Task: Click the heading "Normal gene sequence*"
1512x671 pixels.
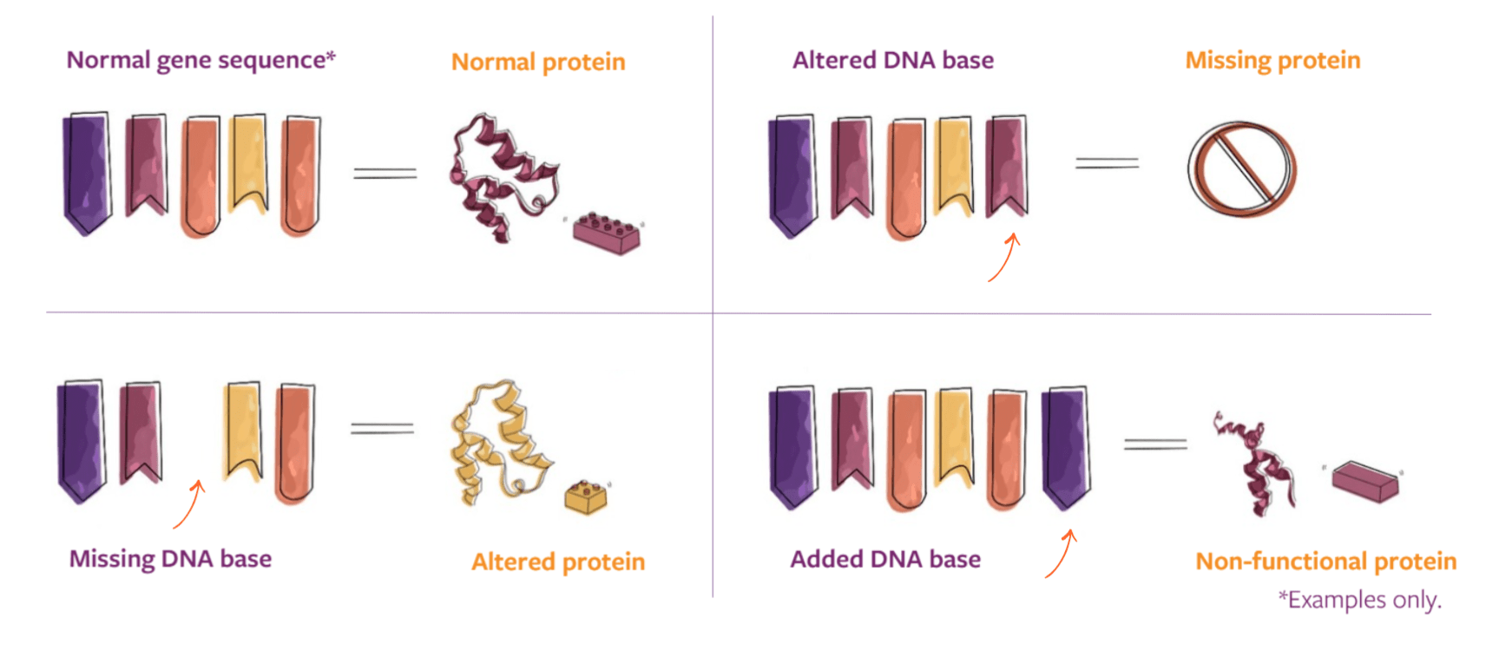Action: tap(201, 60)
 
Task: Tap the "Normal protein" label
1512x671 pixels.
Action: tap(538, 62)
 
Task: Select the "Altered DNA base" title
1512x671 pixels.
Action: tap(892, 60)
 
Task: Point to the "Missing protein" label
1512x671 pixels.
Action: tap(1272, 60)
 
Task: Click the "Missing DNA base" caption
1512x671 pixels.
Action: tap(170, 558)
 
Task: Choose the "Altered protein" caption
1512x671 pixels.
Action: tap(558, 562)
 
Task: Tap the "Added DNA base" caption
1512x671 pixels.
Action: tap(884, 559)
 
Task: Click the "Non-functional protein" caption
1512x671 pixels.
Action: tap(1325, 561)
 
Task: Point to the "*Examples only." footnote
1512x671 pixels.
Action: tap(1359, 599)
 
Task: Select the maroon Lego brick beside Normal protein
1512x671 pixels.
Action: tap(607, 233)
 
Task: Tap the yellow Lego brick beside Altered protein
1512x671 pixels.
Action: tap(586, 497)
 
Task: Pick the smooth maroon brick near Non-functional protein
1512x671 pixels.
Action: tap(1365, 481)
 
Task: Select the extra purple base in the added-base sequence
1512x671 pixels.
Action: tap(1066, 446)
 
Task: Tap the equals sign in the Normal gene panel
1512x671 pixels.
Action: tap(385, 174)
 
